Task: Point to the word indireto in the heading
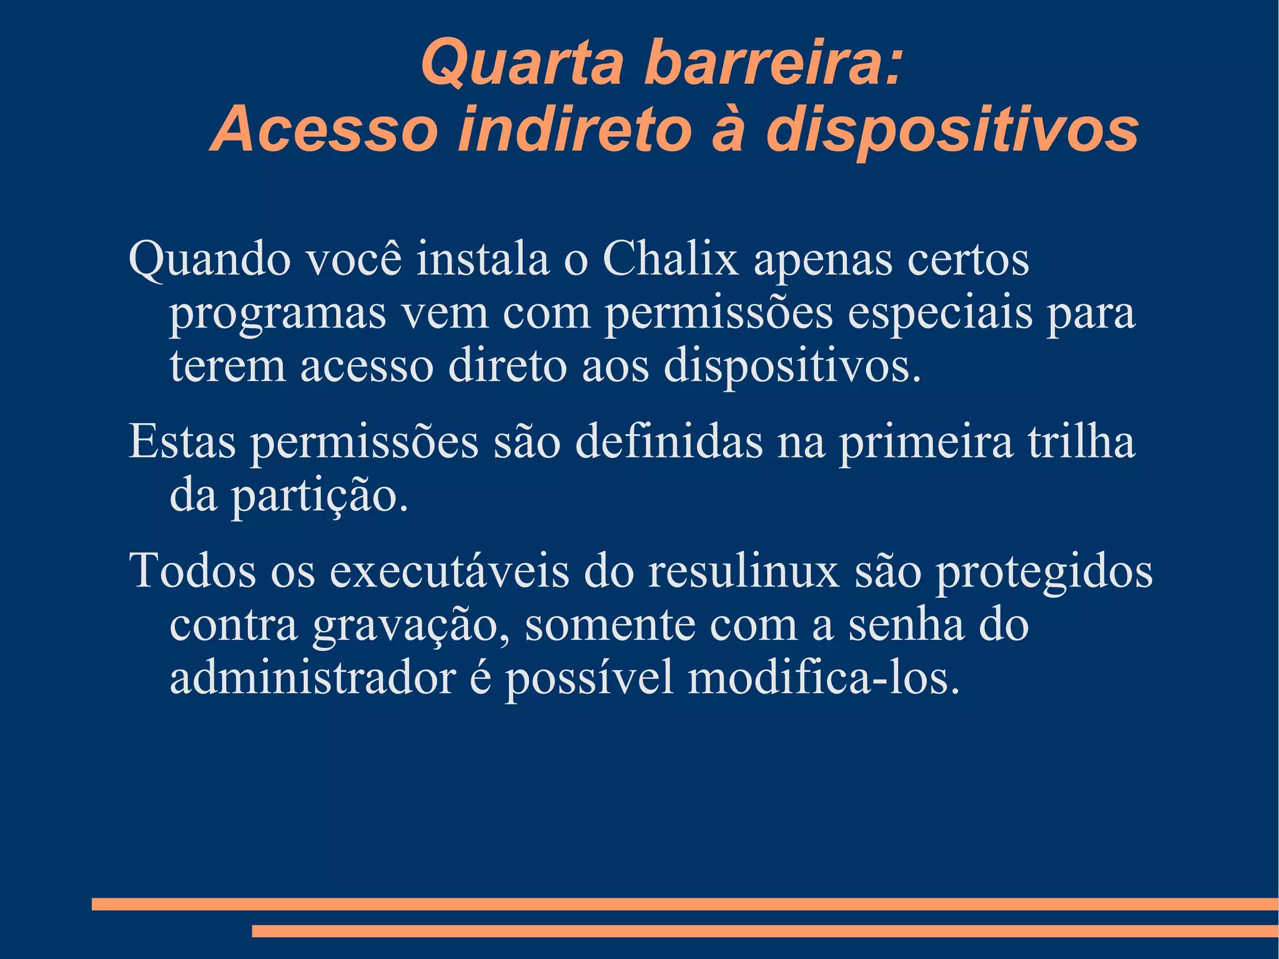575,130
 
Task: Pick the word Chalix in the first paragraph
670,259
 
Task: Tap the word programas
277,314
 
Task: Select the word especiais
939,314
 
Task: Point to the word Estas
182,442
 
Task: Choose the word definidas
668,442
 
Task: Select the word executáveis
449,571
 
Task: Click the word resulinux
743,571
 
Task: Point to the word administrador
313,678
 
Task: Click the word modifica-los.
823,678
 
